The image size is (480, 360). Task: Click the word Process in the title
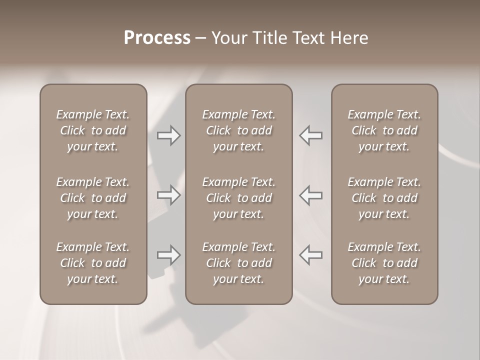(x=157, y=38)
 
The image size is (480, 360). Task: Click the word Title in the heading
(x=268, y=38)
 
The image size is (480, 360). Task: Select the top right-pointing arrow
(x=169, y=135)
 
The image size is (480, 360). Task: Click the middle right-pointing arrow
(x=169, y=195)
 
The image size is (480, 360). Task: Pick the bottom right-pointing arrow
(x=169, y=255)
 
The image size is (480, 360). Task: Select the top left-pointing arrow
(x=310, y=135)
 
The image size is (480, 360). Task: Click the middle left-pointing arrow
(x=310, y=195)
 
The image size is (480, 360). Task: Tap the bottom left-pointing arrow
(x=310, y=255)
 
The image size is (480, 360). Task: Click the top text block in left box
(x=93, y=130)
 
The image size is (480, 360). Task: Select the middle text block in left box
(x=93, y=198)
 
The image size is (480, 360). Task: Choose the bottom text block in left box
(x=93, y=263)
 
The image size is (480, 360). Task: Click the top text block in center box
(x=238, y=130)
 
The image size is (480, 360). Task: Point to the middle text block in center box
(x=238, y=198)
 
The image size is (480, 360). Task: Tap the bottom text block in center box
(x=238, y=263)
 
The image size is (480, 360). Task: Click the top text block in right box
(x=384, y=130)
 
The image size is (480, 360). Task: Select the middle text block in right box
(x=384, y=198)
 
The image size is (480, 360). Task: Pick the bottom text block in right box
(x=384, y=263)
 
